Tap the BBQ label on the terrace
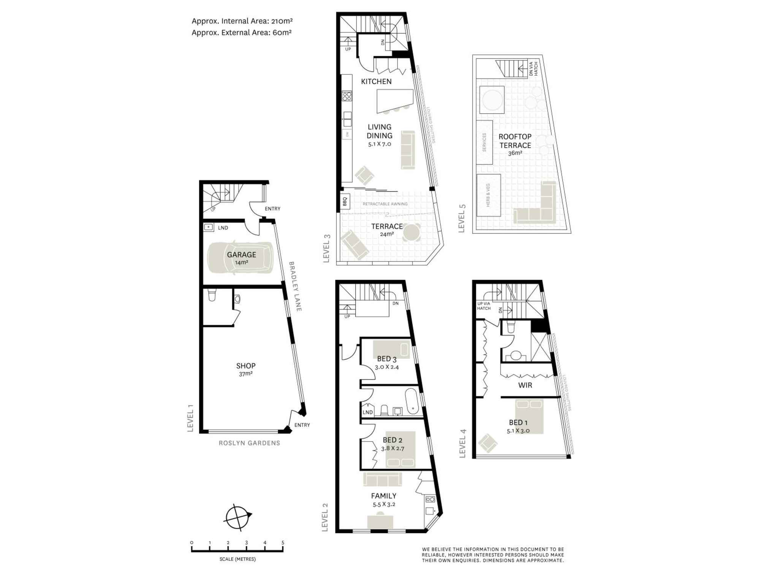pos(345,201)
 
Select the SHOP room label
pos(245,366)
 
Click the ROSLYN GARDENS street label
pos(249,443)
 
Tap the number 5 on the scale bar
pos(283,543)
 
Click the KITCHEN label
pos(376,81)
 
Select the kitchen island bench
pos(394,100)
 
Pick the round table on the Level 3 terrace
pos(412,232)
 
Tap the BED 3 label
pos(387,359)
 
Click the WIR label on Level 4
pos(525,385)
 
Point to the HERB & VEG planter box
pos(489,195)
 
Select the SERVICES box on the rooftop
pos(484,142)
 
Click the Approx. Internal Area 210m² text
pos(242,21)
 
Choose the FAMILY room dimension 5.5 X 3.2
pos(384,505)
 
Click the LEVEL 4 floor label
pos(462,443)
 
